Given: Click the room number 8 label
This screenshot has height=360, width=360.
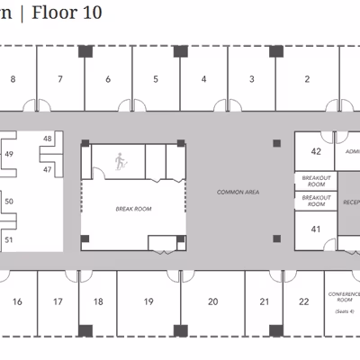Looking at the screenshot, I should click(x=13, y=79).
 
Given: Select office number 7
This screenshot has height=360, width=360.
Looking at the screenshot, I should click(x=60, y=79).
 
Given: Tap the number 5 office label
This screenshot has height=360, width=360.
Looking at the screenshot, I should click(x=156, y=79).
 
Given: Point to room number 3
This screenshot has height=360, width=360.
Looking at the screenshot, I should click(x=252, y=79).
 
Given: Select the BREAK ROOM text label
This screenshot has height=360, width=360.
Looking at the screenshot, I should click(x=133, y=208).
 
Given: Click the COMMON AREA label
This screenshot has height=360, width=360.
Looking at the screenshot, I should click(x=238, y=193).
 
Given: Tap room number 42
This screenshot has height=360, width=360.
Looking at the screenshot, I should click(x=316, y=152).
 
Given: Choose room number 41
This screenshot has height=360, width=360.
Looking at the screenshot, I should click(x=316, y=229).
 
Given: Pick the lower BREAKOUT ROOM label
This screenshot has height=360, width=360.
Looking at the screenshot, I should click(x=316, y=201).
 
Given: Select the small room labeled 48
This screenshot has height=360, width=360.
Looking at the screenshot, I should click(x=48, y=139).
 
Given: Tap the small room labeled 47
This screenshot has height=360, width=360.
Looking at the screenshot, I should click(x=48, y=168).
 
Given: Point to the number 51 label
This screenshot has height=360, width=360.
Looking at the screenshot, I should click(x=9, y=239).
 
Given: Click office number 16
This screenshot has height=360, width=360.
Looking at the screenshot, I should click(x=16, y=301).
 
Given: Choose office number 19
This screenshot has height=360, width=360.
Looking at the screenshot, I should click(x=148, y=301).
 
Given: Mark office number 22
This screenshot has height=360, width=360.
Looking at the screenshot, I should click(x=304, y=301).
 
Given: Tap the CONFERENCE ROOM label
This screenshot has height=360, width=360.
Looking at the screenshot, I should click(x=343, y=298).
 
